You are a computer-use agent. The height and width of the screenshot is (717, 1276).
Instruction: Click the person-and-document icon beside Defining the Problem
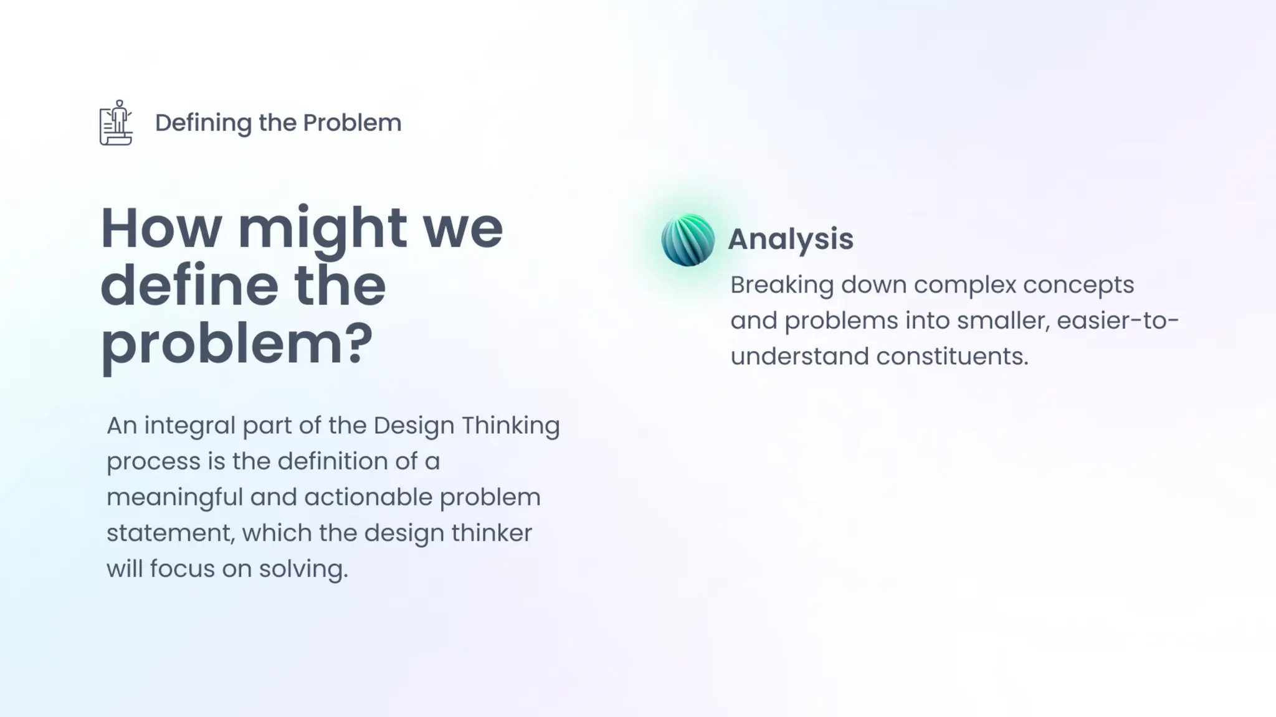click(x=116, y=123)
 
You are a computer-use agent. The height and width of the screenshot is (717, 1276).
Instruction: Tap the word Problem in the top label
click(x=352, y=123)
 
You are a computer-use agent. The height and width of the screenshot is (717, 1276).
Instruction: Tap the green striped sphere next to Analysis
click(x=688, y=240)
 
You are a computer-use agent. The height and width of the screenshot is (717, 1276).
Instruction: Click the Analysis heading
click(x=790, y=239)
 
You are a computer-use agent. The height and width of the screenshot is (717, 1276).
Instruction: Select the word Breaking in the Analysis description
click(x=781, y=285)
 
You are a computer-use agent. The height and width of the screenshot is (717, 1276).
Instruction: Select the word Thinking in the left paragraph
click(x=510, y=426)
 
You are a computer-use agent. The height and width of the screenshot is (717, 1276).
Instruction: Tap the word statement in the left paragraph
click(x=170, y=533)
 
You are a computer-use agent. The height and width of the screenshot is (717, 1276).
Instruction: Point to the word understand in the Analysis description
click(x=799, y=357)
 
